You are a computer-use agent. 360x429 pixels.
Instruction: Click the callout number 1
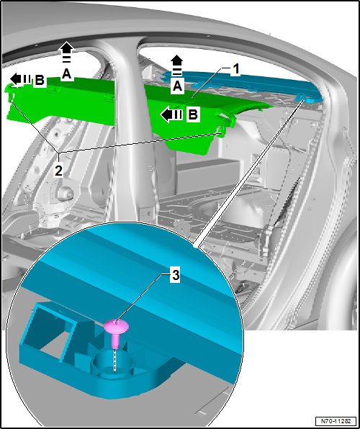tap(235, 68)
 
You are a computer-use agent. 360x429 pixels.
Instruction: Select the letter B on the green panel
tap(192, 114)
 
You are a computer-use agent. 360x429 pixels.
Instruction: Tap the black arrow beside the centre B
tap(171, 114)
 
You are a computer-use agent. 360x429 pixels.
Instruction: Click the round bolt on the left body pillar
tap(63, 194)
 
